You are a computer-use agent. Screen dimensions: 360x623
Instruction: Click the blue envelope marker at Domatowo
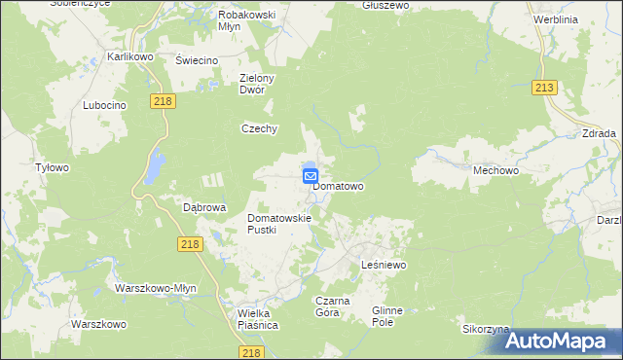pos(311,177)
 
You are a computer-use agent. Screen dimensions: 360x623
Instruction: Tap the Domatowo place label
pos(339,186)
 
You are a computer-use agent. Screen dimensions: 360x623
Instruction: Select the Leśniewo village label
pos(383,265)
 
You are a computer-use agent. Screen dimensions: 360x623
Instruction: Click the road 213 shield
pos(544,89)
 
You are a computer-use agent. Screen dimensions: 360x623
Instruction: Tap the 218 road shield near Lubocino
pos(163,100)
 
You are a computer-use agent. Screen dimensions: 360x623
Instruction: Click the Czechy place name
pos(261,128)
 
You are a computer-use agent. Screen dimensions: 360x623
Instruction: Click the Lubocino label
pos(105,105)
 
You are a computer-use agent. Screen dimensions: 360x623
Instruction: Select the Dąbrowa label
pos(204,207)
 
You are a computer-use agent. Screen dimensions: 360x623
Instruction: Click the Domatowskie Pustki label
pos(278,224)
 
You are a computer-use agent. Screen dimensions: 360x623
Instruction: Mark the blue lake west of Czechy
pos(153,168)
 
